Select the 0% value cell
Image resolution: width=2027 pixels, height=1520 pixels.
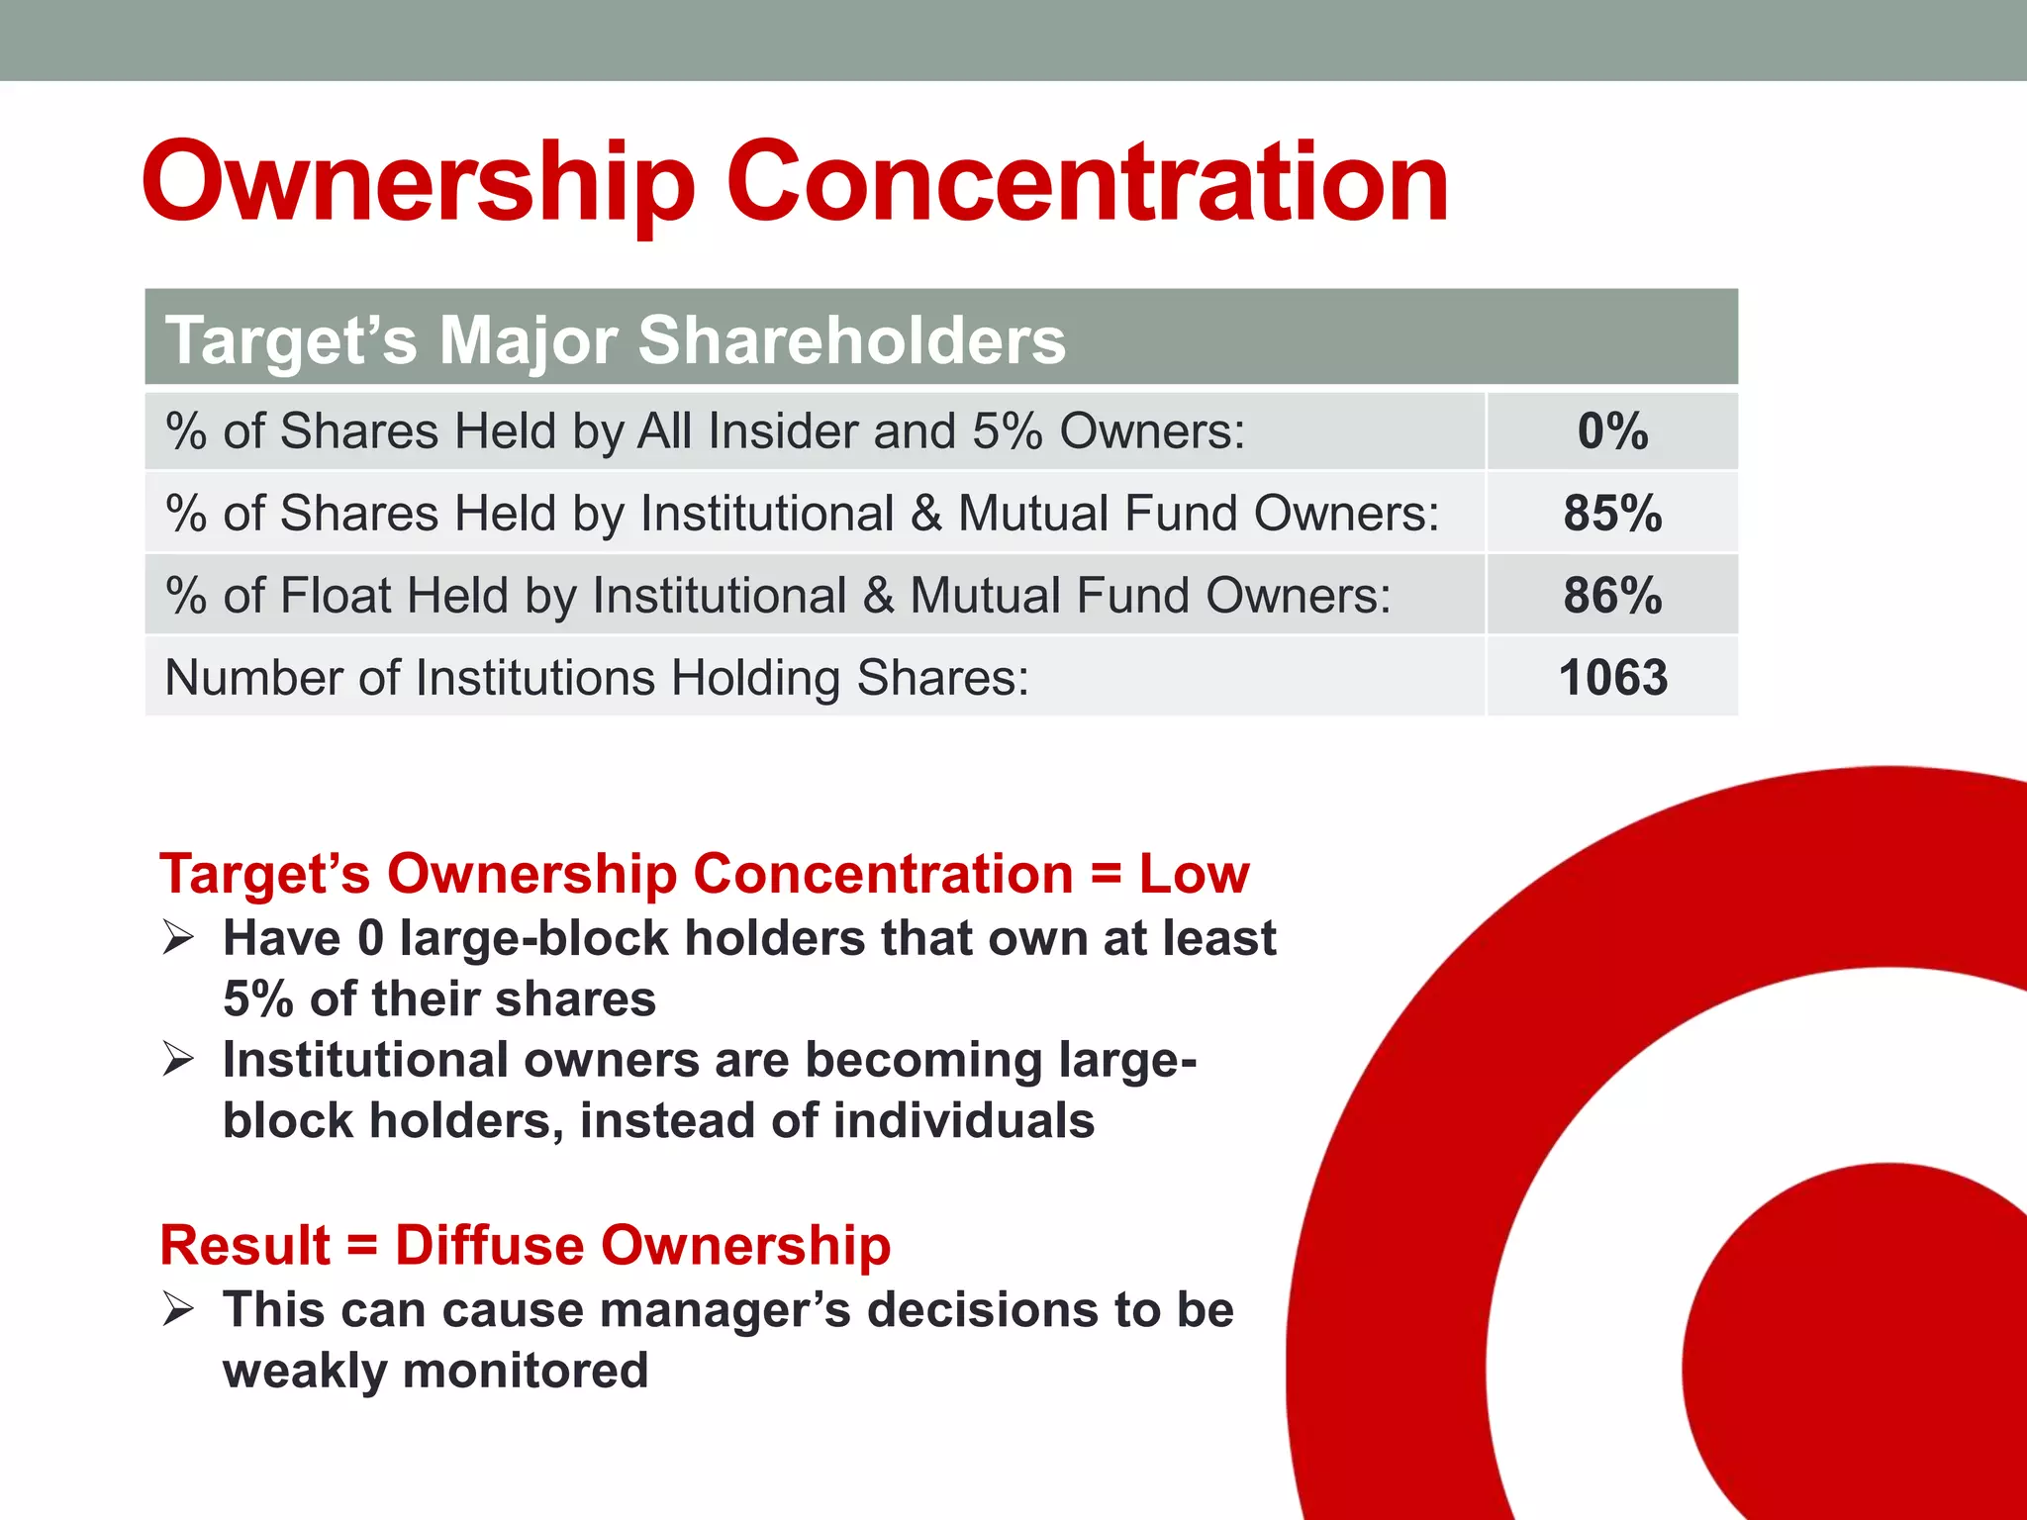(1612, 431)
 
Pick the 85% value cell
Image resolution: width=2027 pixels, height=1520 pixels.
(1612, 514)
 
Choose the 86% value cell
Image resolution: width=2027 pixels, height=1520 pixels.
(1612, 596)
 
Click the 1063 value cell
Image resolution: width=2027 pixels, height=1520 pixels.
(1612, 678)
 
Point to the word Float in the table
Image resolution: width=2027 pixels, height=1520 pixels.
(336, 596)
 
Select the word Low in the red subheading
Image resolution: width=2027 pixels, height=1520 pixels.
(1194, 874)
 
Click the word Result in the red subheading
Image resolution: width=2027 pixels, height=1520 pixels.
(244, 1245)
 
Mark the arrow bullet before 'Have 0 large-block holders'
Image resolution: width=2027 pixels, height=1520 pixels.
(178, 936)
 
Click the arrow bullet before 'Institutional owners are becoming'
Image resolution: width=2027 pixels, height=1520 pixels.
(178, 1059)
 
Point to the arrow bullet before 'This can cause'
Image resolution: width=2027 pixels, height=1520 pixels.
(178, 1309)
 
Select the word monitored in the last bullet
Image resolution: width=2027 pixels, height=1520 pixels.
(525, 1372)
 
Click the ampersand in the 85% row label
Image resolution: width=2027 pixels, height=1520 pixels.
(925, 514)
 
